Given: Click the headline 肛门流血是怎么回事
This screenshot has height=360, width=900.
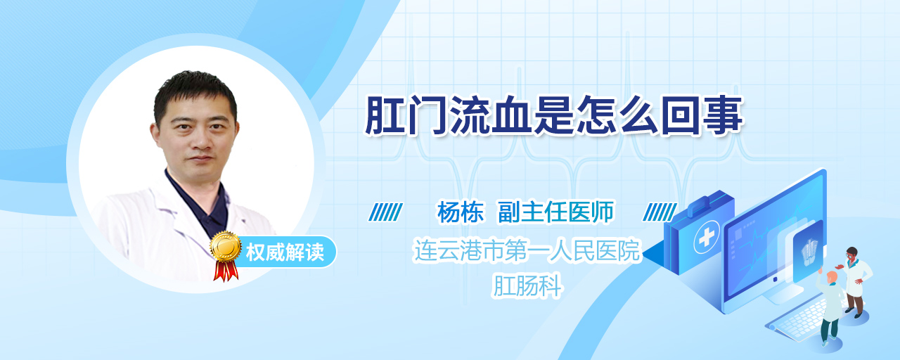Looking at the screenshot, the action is point(554,115).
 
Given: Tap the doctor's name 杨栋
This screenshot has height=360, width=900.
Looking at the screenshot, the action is point(461,212).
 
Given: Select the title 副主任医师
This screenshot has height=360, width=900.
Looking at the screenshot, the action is point(556,212).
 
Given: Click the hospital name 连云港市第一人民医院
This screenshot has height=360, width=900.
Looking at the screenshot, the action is point(527,250).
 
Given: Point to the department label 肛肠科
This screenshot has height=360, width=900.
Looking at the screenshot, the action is point(527,285).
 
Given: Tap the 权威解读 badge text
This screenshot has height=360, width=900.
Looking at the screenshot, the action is point(285,252).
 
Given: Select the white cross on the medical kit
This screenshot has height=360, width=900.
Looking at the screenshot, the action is point(707,238).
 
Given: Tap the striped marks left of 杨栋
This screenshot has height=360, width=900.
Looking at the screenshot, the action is point(385,212).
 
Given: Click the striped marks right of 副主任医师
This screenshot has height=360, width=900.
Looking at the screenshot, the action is point(660,212).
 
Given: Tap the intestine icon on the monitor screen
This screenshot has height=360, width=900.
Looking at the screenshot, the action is point(809,252).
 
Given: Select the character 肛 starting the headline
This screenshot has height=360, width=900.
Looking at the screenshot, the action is point(385,115).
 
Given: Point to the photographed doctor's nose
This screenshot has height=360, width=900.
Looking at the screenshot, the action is point(198,139).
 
